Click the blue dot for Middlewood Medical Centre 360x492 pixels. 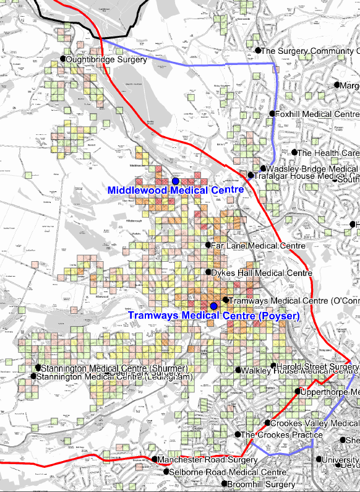(176, 181)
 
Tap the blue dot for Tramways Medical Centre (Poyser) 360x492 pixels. (213, 306)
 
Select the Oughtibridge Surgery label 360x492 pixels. (106, 60)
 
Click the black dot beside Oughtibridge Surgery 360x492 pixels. (62, 59)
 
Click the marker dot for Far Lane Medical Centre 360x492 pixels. (208, 245)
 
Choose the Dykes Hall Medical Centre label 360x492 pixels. (261, 273)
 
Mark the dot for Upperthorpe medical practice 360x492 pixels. (298, 391)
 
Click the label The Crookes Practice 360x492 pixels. (281, 435)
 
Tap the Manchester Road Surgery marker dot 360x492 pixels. (155, 459)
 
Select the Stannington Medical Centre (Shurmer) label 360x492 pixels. (113, 369)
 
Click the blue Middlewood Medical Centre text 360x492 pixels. (176, 191)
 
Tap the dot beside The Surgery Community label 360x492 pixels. (257, 50)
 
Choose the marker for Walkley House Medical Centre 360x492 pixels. (238, 370)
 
